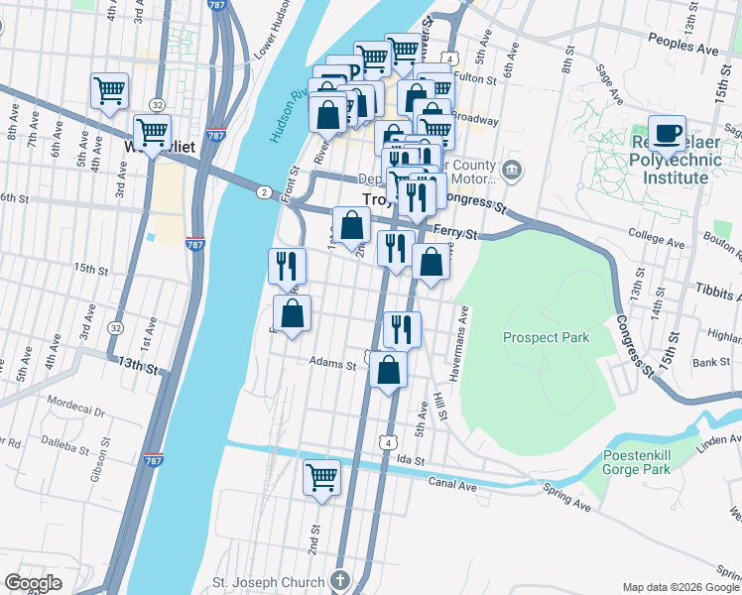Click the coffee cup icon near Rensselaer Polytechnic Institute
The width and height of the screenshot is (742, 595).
(667, 133)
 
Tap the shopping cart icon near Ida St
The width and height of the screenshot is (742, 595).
(321, 477)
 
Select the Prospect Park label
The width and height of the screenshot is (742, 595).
(546, 337)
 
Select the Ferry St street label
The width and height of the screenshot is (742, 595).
(459, 235)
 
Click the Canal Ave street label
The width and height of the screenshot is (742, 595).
(453, 483)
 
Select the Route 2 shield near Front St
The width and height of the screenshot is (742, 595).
(264, 190)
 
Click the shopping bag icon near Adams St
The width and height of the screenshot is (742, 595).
(388, 371)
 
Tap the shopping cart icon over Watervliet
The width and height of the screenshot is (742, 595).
(152, 131)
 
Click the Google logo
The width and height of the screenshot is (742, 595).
(33, 583)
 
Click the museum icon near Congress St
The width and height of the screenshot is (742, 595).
(512, 168)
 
